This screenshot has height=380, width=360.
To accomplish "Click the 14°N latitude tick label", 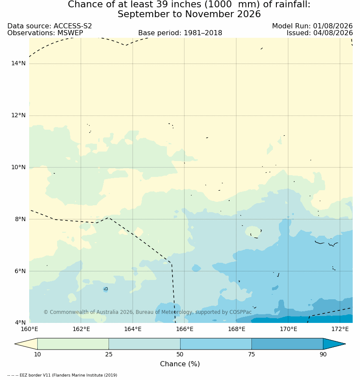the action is click(18, 64).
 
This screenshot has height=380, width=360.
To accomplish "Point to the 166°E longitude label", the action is click(185, 329).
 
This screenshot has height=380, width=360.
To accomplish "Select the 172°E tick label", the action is click(340, 329).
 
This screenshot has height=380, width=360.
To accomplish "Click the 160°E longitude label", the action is click(29, 329).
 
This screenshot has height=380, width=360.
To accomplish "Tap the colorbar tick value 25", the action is click(109, 354).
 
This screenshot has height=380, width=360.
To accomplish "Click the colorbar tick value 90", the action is click(323, 354).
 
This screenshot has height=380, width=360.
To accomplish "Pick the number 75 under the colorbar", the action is click(251, 354).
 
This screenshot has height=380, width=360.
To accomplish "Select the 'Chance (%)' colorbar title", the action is click(180, 364).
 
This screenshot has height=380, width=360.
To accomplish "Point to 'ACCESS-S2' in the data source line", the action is click(73, 26).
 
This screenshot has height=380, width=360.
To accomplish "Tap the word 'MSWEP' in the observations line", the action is click(70, 33).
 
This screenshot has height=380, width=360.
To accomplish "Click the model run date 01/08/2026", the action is click(333, 26).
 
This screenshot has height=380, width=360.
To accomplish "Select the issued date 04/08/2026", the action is click(333, 33).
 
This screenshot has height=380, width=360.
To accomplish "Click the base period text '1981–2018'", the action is click(203, 33).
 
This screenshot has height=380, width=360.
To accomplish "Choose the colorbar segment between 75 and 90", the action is click(287, 344).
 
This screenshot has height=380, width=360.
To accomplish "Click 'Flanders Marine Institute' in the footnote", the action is click(78, 375).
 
